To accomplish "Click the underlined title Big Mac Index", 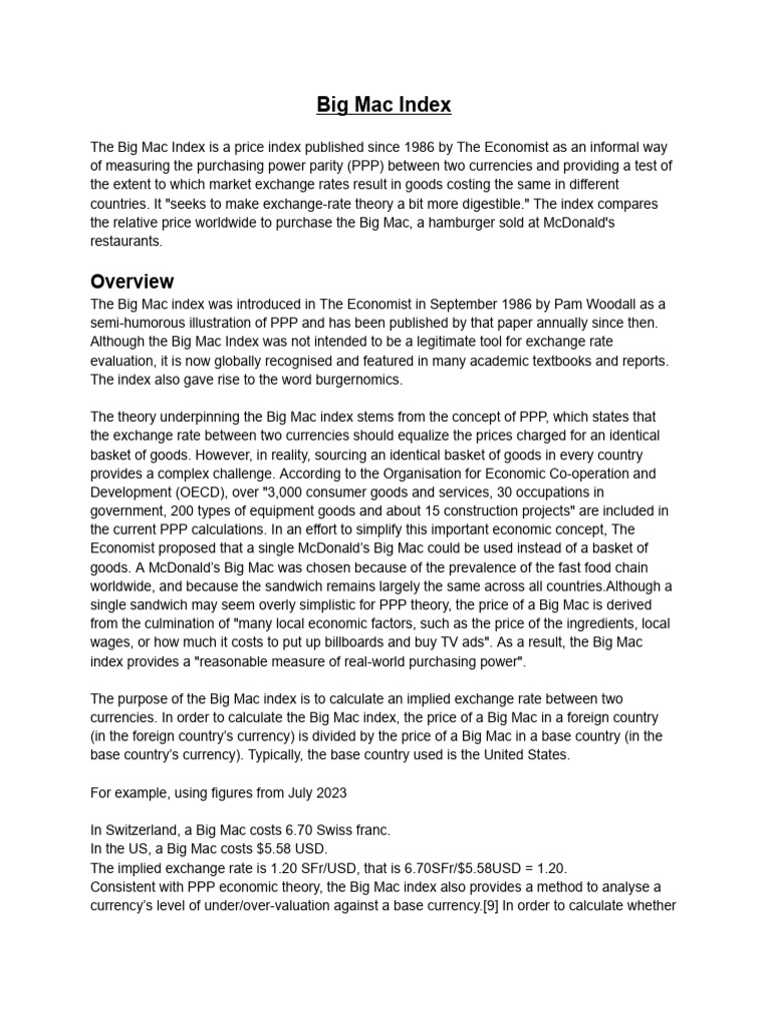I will pos(384,104).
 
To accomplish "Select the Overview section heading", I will pos(132,281).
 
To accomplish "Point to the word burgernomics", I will pos(339,380).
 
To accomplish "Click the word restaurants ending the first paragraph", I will pos(125,241).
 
